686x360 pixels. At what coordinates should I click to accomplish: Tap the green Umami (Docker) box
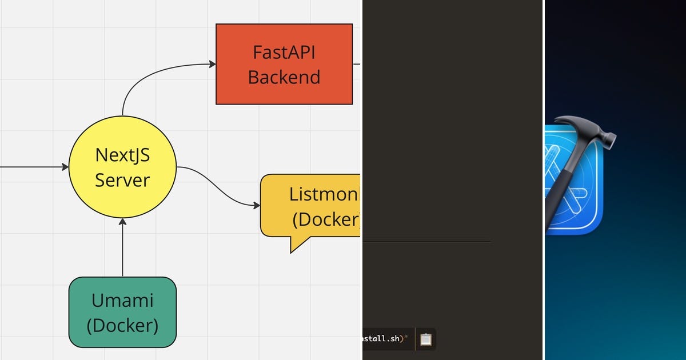[x=122, y=312]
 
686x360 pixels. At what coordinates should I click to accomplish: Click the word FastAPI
[x=284, y=52]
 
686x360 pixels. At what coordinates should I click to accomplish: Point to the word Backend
[x=284, y=77]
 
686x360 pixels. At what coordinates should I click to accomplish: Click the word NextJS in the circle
[x=122, y=155]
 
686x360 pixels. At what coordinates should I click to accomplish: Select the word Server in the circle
[x=122, y=180]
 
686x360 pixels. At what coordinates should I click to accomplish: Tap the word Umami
[x=122, y=300]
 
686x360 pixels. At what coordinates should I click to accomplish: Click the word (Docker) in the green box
[x=122, y=325]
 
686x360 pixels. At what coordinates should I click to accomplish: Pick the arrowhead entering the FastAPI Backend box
[x=212, y=64]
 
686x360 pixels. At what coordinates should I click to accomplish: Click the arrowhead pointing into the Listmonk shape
[x=257, y=205]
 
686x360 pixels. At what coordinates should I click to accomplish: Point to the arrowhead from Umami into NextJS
[x=122, y=222]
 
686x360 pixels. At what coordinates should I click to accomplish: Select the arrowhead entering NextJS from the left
[x=65, y=167]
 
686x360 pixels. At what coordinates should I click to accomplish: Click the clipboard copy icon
[x=426, y=339]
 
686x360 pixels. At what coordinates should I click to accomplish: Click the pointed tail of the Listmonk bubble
[x=294, y=246]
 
